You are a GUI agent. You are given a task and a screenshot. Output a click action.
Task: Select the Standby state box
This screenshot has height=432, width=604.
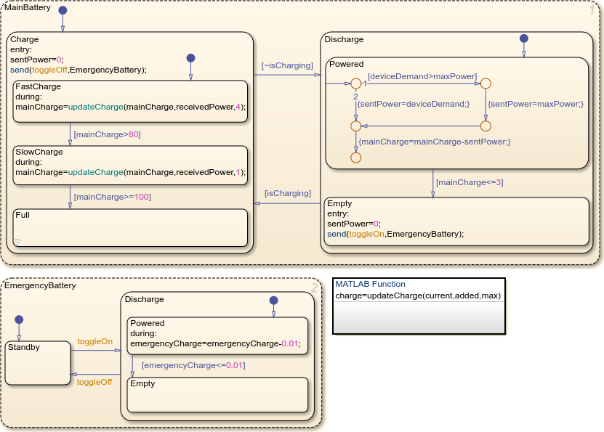click(38, 362)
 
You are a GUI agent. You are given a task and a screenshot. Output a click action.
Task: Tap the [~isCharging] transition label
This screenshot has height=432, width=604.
click(287, 65)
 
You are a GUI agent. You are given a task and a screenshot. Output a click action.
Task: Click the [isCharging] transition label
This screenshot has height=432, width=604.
click(287, 193)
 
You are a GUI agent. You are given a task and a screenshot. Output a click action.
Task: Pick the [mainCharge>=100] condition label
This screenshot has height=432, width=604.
click(111, 196)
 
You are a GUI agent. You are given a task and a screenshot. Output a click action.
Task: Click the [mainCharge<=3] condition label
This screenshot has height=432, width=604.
click(469, 182)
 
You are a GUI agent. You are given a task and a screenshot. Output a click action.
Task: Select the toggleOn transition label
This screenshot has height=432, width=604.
click(94, 341)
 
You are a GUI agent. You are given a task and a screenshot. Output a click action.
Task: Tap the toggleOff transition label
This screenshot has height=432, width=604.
click(94, 381)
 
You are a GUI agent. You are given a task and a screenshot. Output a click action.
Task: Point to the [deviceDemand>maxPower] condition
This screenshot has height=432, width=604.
click(422, 76)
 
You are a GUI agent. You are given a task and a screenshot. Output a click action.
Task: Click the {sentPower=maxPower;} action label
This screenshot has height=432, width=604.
click(536, 104)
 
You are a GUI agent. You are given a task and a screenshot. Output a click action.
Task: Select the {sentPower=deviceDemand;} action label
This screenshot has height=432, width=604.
click(413, 104)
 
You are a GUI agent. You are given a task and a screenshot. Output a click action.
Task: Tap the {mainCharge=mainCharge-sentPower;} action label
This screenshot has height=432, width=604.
click(435, 142)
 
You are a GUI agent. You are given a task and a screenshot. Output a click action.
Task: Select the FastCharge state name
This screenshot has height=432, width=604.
click(38, 86)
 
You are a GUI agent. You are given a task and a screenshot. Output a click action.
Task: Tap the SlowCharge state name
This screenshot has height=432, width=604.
click(39, 152)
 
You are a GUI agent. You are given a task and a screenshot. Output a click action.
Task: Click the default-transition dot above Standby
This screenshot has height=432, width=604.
click(20, 319)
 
